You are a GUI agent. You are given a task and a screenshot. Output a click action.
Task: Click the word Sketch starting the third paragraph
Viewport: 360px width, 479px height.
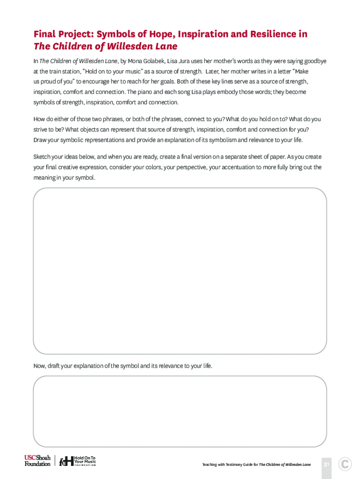tap(42, 157)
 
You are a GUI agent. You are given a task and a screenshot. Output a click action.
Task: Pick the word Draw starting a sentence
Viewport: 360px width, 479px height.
tap(40, 140)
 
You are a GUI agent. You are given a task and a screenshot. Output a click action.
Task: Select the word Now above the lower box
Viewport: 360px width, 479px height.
tap(39, 366)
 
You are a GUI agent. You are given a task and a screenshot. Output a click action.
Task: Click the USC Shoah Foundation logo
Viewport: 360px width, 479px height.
tap(37, 461)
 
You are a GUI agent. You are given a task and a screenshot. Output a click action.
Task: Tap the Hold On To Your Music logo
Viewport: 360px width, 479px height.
tap(78, 461)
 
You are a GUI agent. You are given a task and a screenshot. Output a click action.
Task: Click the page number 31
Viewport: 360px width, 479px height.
tap(327, 464)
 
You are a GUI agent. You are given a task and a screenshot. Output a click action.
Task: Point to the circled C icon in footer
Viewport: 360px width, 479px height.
tap(345, 464)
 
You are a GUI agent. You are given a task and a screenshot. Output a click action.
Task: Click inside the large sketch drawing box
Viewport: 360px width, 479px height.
tap(180, 271)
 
